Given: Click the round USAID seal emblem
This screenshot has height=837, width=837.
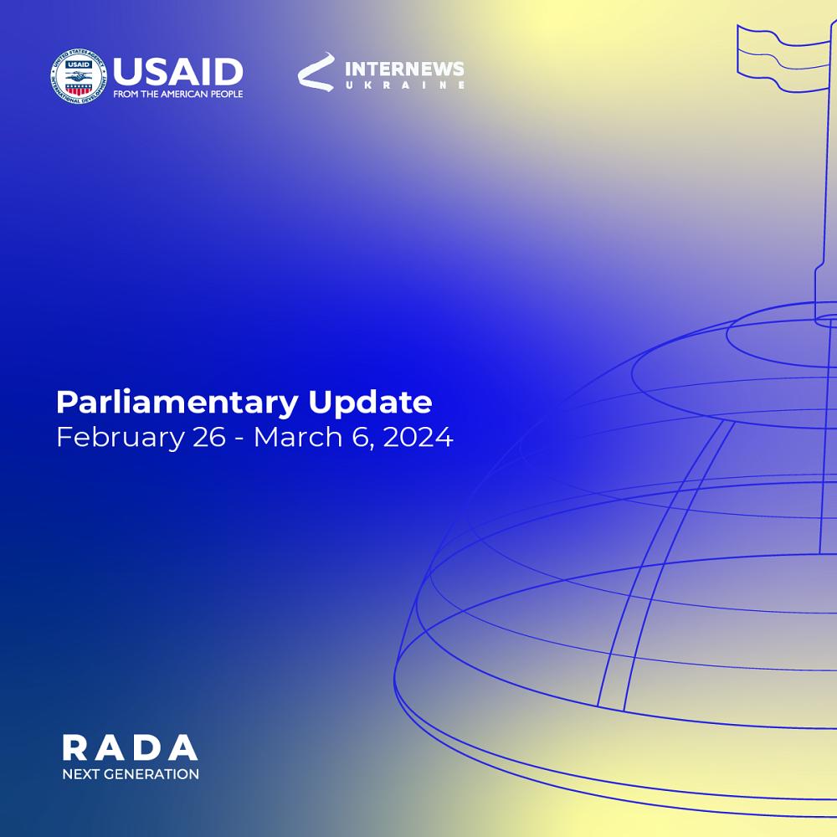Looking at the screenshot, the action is point(79,76).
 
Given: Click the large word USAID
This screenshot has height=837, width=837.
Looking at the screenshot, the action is point(178,72).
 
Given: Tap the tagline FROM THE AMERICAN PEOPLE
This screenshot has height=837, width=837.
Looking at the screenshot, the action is point(178,94).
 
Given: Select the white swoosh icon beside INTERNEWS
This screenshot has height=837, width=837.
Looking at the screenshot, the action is point(316,71).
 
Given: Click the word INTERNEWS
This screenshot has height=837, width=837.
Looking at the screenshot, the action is point(404,69).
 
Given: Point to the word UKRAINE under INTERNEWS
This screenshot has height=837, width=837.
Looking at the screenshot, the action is point(404,85).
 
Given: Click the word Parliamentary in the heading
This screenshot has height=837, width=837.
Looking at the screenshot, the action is point(177,403).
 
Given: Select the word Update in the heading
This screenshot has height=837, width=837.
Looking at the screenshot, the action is point(371,403).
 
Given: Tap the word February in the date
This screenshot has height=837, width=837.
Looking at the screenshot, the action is point(120,438).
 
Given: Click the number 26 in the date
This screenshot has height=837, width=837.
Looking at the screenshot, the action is point(208,437).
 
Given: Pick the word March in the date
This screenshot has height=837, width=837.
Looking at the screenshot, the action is point(297,437).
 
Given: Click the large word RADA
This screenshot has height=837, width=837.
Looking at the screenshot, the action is point(130,747).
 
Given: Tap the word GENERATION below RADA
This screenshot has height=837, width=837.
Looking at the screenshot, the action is point(151,774).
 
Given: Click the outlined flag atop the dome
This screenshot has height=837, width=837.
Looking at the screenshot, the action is point(783,58).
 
